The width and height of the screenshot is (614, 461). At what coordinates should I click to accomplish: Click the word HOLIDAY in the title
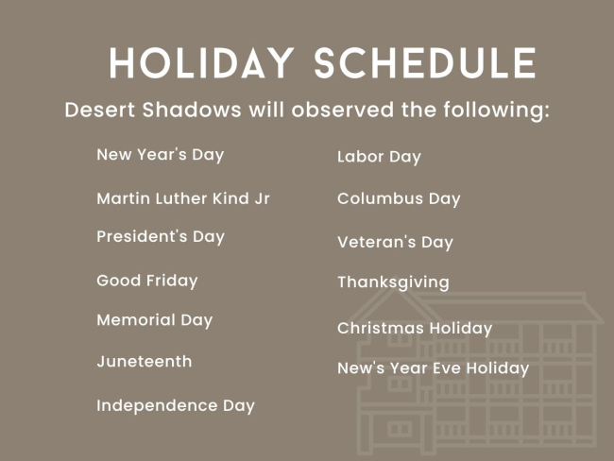coord(201,63)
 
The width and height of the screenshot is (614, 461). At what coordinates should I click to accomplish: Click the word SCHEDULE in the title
coord(425,63)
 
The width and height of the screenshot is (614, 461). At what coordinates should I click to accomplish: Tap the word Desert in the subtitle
coord(100,110)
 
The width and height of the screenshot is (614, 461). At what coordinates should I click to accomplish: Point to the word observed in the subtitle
coord(343,110)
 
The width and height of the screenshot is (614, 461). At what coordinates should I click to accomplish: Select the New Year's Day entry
coord(161,155)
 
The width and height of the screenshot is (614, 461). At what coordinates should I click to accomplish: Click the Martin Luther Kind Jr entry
coord(183,198)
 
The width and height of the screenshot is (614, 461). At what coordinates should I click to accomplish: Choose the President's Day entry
coord(161,236)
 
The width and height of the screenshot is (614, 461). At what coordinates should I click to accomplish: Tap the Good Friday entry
coord(147,281)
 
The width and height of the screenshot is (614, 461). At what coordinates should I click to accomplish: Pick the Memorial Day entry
coord(155,320)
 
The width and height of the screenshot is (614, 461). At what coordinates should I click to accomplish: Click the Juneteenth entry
coord(145,362)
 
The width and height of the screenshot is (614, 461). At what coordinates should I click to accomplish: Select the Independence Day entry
coord(176,405)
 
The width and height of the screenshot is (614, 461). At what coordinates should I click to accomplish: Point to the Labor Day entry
coord(379,157)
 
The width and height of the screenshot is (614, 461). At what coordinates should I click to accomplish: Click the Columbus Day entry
coord(399,198)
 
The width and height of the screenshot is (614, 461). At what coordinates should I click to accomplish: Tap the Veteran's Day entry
coord(395,242)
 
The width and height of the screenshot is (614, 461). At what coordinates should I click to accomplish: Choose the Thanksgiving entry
coord(394,282)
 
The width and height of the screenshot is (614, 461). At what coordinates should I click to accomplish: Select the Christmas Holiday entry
coord(415,328)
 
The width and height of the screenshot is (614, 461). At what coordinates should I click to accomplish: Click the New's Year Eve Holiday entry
coord(433,368)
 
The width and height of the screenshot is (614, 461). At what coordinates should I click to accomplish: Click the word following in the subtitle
coord(496,110)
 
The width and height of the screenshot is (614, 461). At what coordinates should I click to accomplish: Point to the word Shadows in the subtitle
coord(192,110)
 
